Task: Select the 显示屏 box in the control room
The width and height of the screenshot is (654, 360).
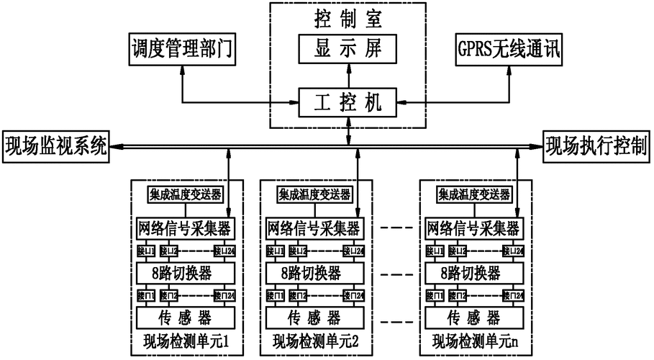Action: [348, 49]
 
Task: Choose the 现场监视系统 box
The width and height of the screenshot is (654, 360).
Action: [55, 146]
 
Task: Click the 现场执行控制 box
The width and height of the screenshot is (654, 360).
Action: [596, 146]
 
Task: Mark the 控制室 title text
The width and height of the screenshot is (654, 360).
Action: [348, 16]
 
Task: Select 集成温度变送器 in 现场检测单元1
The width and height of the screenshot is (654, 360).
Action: [186, 194]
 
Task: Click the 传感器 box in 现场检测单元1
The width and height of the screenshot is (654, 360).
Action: [186, 316]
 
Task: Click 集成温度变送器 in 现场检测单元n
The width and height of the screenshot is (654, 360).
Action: [474, 194]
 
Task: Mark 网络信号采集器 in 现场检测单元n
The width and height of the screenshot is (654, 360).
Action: [473, 228]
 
